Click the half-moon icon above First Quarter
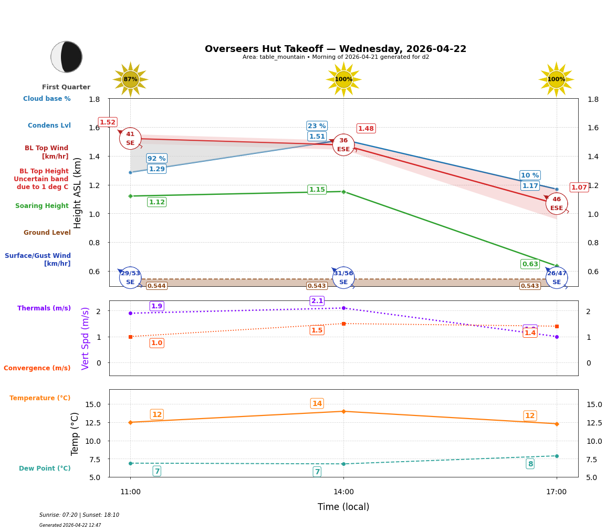click(x=67, y=57)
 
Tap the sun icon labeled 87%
click(x=130, y=79)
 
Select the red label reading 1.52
click(x=108, y=122)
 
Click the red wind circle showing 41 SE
click(x=130, y=139)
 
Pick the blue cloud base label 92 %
click(x=156, y=159)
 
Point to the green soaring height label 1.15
click(x=317, y=190)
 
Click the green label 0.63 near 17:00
click(x=530, y=264)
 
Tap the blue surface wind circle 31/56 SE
click(x=343, y=278)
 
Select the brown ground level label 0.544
click(x=156, y=286)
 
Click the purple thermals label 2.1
click(x=317, y=301)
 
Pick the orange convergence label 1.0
click(x=156, y=343)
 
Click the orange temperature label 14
click(x=317, y=403)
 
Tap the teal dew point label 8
click(x=530, y=464)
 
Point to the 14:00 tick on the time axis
click(x=343, y=492)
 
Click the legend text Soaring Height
click(x=42, y=206)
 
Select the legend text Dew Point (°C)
click(x=45, y=468)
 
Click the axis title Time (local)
click(x=343, y=507)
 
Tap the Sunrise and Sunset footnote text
click(x=79, y=515)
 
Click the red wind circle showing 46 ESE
click(x=556, y=204)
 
